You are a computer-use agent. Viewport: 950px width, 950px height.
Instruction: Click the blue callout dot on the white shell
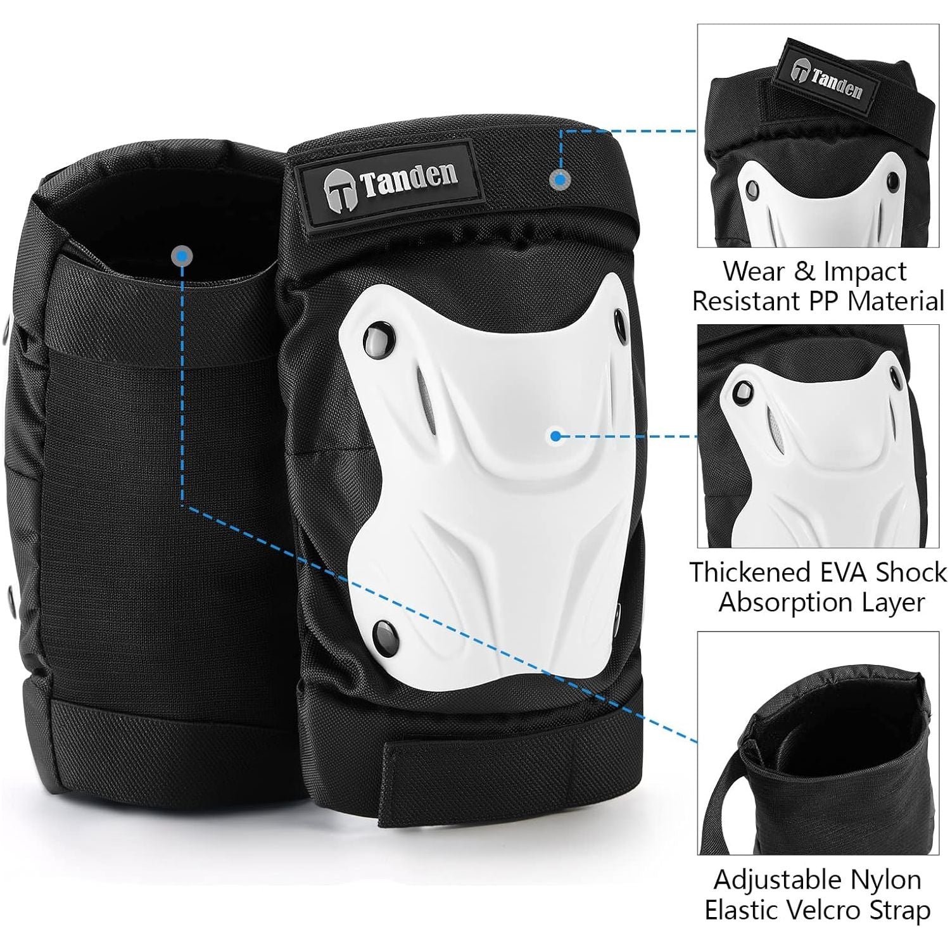(x=556, y=436)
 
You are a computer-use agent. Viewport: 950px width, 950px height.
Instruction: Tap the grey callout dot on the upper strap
(x=558, y=179)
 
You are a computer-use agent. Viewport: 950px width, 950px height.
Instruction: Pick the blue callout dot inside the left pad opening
(x=182, y=256)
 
